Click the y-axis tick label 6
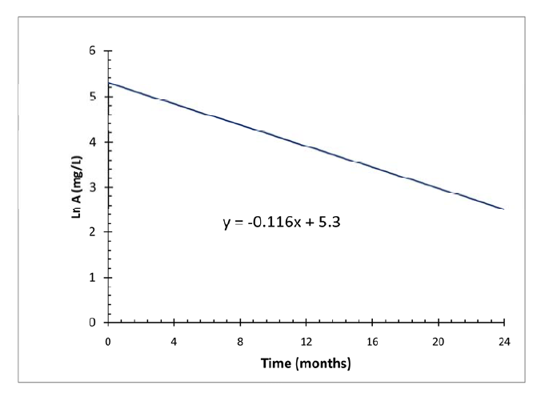93,51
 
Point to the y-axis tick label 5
93,97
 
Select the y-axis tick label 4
93,142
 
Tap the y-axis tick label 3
93,187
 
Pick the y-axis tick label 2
93,233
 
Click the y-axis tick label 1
93,278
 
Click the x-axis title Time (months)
306,364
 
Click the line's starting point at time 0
108,83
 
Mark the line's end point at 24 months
503,209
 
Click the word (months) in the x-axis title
322,364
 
